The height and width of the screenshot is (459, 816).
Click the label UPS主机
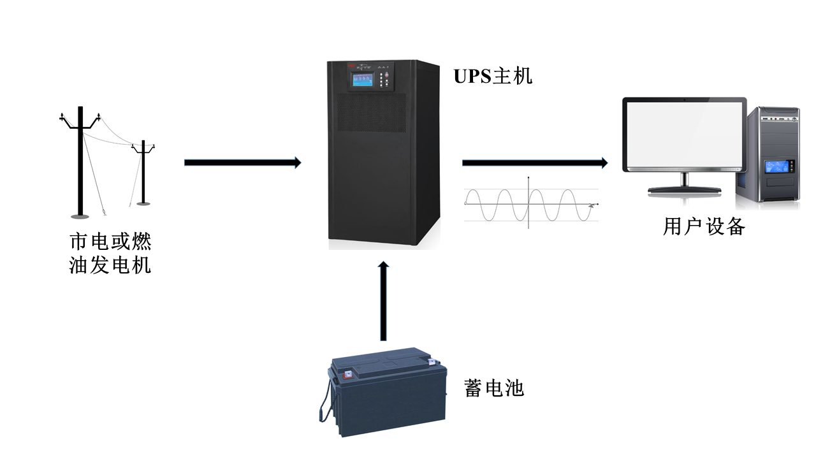492,76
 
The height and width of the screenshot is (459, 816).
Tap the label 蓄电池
494,388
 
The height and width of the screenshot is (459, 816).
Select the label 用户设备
704,226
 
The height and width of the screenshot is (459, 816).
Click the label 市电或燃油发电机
110,253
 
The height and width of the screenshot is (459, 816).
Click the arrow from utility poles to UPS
242,163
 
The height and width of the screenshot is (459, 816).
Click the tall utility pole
80,163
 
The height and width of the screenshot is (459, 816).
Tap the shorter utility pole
143,172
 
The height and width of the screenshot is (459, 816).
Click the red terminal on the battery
348,375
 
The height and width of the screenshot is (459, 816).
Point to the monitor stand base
685,189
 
